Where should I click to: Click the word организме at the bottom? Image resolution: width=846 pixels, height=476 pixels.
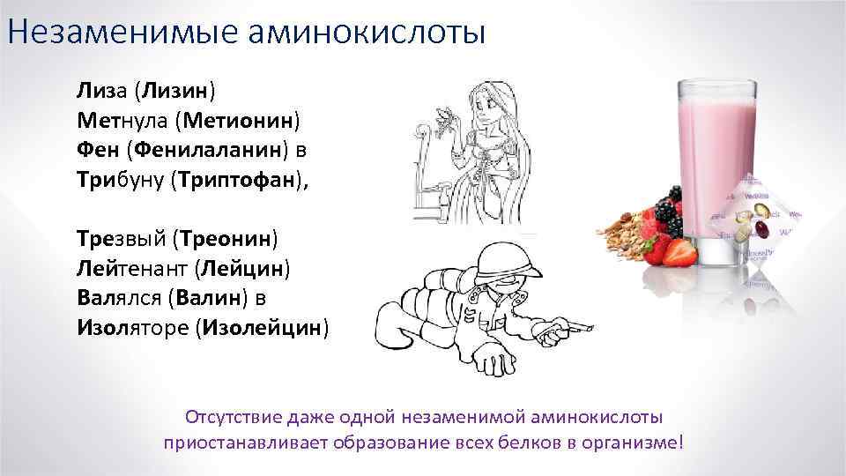(x=637, y=442)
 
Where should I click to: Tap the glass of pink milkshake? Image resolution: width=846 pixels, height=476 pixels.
(x=717, y=167)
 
